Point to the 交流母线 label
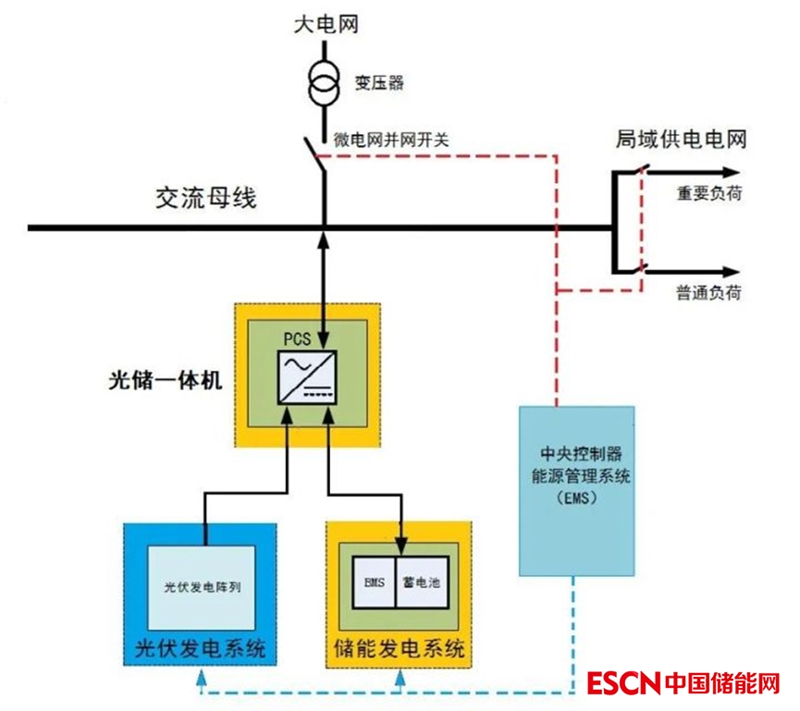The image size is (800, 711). coord(205,197)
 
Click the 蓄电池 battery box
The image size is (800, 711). coord(423,582)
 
